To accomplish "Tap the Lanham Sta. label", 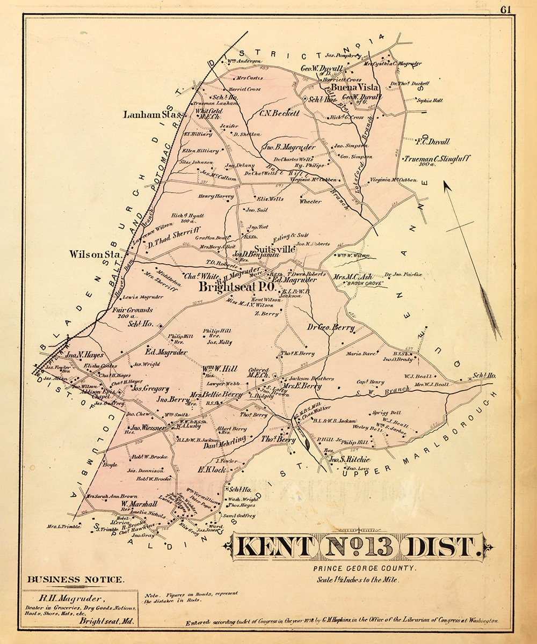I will [x=154, y=114].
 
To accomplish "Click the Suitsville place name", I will [x=274, y=249].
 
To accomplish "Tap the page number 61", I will [x=506, y=9].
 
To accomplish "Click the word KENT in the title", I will [x=274, y=547].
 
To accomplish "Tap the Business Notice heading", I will [x=76, y=580].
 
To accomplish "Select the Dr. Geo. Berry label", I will [x=331, y=327].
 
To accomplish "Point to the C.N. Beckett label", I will [x=279, y=114].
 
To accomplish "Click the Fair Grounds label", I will [x=133, y=310].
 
